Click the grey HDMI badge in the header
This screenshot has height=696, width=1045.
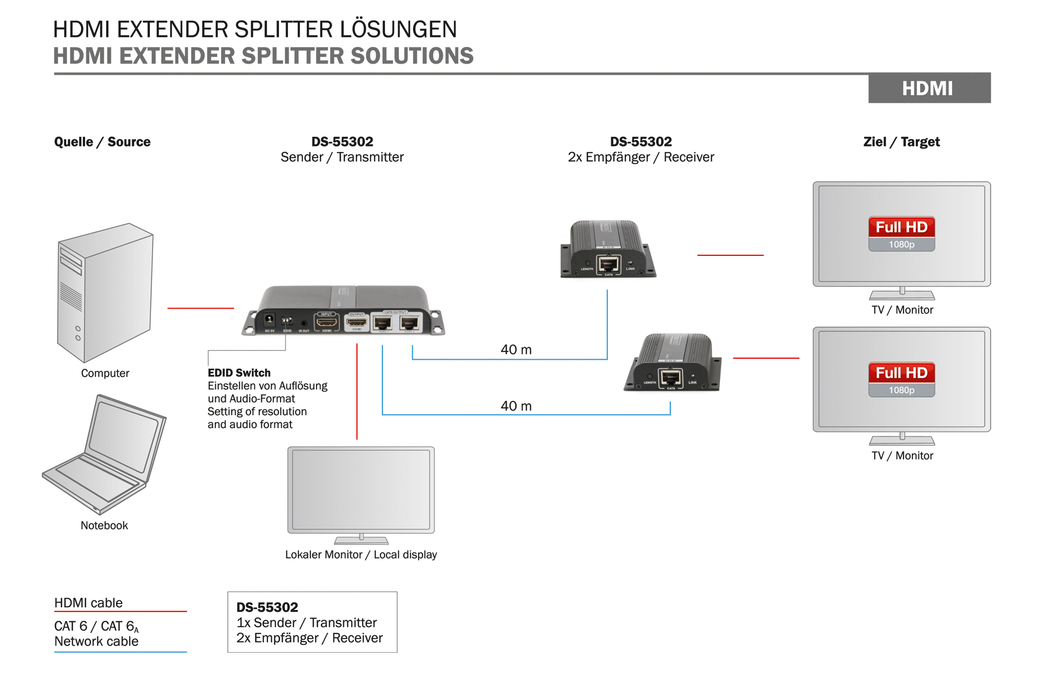click(929, 88)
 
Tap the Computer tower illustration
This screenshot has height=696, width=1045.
click(105, 292)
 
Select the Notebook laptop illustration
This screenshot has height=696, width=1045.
click(104, 454)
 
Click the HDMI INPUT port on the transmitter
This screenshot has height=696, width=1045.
click(327, 322)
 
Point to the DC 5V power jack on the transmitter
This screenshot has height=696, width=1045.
click(270, 320)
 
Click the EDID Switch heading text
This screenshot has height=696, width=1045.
click(239, 373)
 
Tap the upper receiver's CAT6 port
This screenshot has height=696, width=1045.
click(608, 264)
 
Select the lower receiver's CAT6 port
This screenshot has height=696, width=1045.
click(670, 378)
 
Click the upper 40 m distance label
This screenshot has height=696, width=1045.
click(516, 350)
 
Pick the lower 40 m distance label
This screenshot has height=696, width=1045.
click(516, 406)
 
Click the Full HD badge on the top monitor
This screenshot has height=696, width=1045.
click(901, 228)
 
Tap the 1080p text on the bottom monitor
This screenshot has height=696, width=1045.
click(901, 390)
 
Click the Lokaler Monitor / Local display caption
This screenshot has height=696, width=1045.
click(361, 555)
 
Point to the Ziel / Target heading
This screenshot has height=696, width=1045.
click(901, 142)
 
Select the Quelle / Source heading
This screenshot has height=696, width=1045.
click(102, 142)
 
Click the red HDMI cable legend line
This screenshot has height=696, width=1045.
click(120, 611)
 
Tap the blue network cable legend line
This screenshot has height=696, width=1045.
click(120, 652)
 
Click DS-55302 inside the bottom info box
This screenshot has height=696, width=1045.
click(268, 607)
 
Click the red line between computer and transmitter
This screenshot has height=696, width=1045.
click(201, 308)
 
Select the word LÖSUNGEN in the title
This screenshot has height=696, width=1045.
click(398, 30)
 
